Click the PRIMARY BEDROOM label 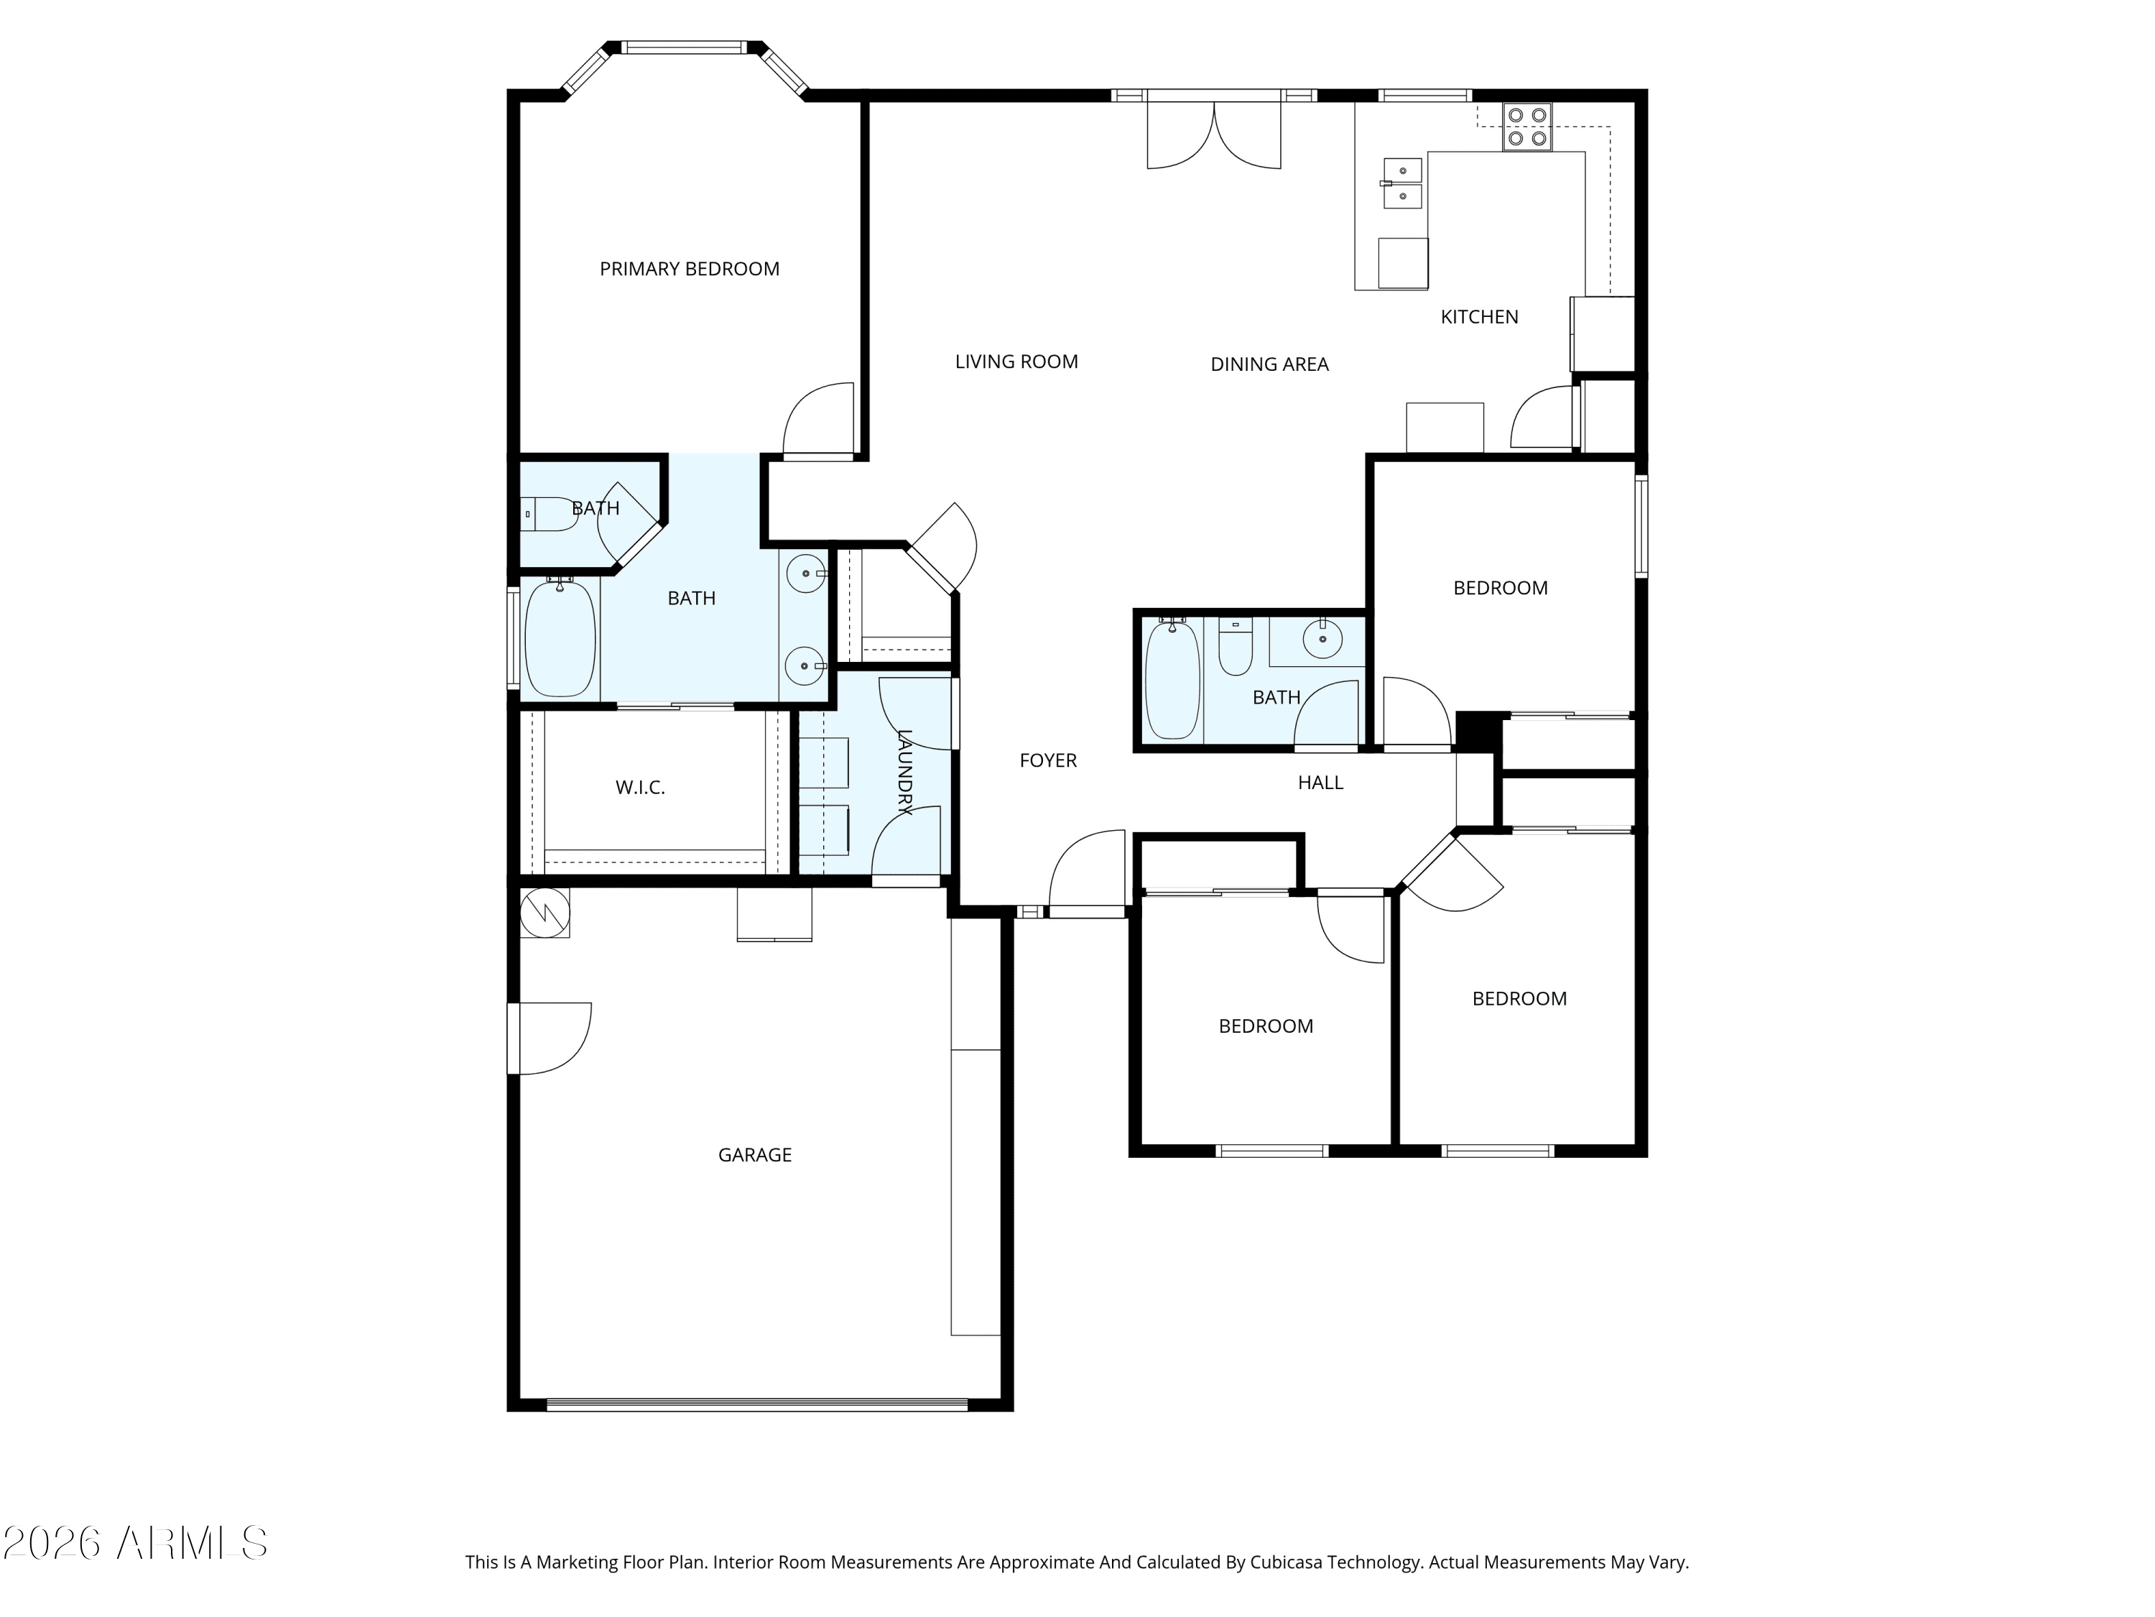click(x=689, y=269)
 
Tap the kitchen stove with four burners click(x=1526, y=126)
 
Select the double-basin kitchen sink click(x=1402, y=184)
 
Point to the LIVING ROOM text click(x=1016, y=361)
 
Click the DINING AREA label click(x=1269, y=364)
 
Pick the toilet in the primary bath click(x=550, y=514)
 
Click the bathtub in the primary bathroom click(x=560, y=637)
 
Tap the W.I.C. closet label click(x=640, y=788)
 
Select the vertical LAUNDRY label click(x=904, y=772)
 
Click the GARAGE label click(x=755, y=1155)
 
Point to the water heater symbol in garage click(x=544, y=912)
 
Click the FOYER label click(x=1048, y=760)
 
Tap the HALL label click(x=1320, y=783)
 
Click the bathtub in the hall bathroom click(x=1173, y=678)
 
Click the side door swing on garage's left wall click(x=550, y=1038)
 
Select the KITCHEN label click(x=1479, y=317)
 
